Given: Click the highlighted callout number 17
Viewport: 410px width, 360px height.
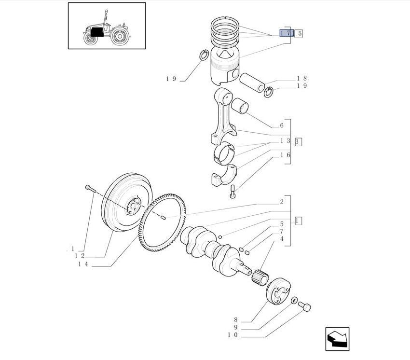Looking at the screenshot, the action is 287,33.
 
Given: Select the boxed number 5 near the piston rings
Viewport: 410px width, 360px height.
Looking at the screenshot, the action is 299,33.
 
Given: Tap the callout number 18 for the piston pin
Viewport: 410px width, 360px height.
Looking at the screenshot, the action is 301,78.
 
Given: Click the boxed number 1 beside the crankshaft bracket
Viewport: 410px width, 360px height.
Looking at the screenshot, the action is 298,221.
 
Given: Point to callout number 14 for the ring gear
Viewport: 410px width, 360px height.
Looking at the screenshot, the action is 83,264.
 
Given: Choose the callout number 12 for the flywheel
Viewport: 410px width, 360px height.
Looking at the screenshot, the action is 80,256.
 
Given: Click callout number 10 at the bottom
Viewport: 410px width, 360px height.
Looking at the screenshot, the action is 232,335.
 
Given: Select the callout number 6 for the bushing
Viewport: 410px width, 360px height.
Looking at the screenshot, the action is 282,125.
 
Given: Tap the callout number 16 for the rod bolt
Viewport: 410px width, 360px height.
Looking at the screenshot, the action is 285,155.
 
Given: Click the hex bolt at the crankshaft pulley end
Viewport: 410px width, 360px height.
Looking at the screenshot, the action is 304,306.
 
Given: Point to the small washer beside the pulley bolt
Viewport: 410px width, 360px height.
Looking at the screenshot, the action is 294,300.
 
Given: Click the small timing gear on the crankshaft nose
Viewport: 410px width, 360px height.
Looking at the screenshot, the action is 260,277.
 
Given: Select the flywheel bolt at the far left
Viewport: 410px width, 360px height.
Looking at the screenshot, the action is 91,188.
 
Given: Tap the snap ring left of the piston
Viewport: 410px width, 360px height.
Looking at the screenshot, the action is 204,55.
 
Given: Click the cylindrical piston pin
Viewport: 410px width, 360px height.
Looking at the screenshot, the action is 252,83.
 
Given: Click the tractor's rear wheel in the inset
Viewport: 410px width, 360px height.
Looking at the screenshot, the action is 120,36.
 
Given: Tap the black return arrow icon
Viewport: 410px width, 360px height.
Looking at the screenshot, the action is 337,339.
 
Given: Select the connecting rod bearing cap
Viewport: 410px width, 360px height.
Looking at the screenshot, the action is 224,175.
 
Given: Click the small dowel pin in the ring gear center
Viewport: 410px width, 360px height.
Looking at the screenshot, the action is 163,218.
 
